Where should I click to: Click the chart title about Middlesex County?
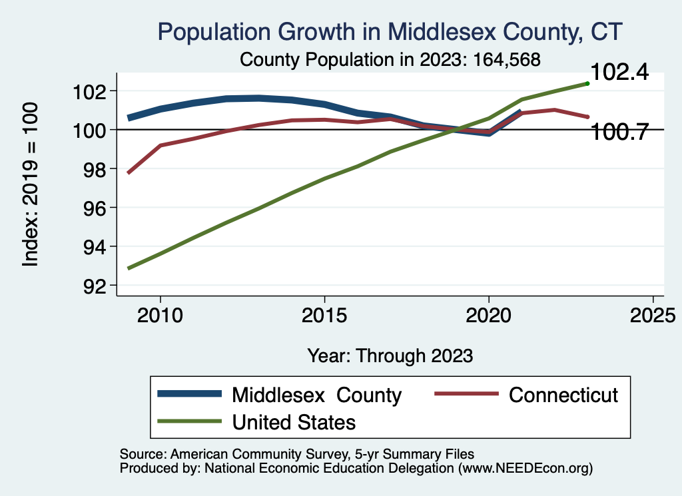390,31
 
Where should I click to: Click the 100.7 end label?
619,132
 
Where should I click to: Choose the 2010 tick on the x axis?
160,315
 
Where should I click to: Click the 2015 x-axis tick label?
324,315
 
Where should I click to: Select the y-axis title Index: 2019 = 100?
31,184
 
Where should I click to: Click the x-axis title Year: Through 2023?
390,356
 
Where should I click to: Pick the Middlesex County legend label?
316,395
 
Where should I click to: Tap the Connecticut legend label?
563,395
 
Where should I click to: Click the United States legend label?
294,421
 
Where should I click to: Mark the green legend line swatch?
189,421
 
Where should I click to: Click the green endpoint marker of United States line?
587,83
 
